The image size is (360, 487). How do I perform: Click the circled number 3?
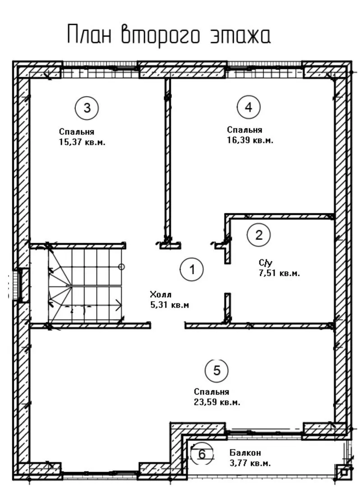(x=87, y=108)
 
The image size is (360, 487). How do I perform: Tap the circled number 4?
(x=249, y=107)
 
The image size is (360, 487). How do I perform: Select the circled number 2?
(x=259, y=235)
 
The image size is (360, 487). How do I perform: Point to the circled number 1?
(x=192, y=269)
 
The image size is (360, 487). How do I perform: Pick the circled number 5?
(x=217, y=370)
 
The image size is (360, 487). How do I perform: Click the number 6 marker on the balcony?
(x=202, y=454)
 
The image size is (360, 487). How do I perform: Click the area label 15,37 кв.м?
(x=82, y=142)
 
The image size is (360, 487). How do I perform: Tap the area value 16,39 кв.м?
(x=250, y=140)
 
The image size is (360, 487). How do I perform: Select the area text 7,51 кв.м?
(x=279, y=274)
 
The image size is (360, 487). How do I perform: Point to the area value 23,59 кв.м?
(x=217, y=403)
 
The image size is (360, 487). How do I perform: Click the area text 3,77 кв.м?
(x=250, y=464)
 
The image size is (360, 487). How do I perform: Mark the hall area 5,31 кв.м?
(x=170, y=305)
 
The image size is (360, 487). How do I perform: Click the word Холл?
(x=161, y=294)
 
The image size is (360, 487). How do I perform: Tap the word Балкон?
(x=245, y=453)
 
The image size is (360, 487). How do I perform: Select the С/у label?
(x=266, y=263)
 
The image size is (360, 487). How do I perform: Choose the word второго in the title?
(x=160, y=35)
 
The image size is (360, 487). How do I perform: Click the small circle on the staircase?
(x=122, y=267)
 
